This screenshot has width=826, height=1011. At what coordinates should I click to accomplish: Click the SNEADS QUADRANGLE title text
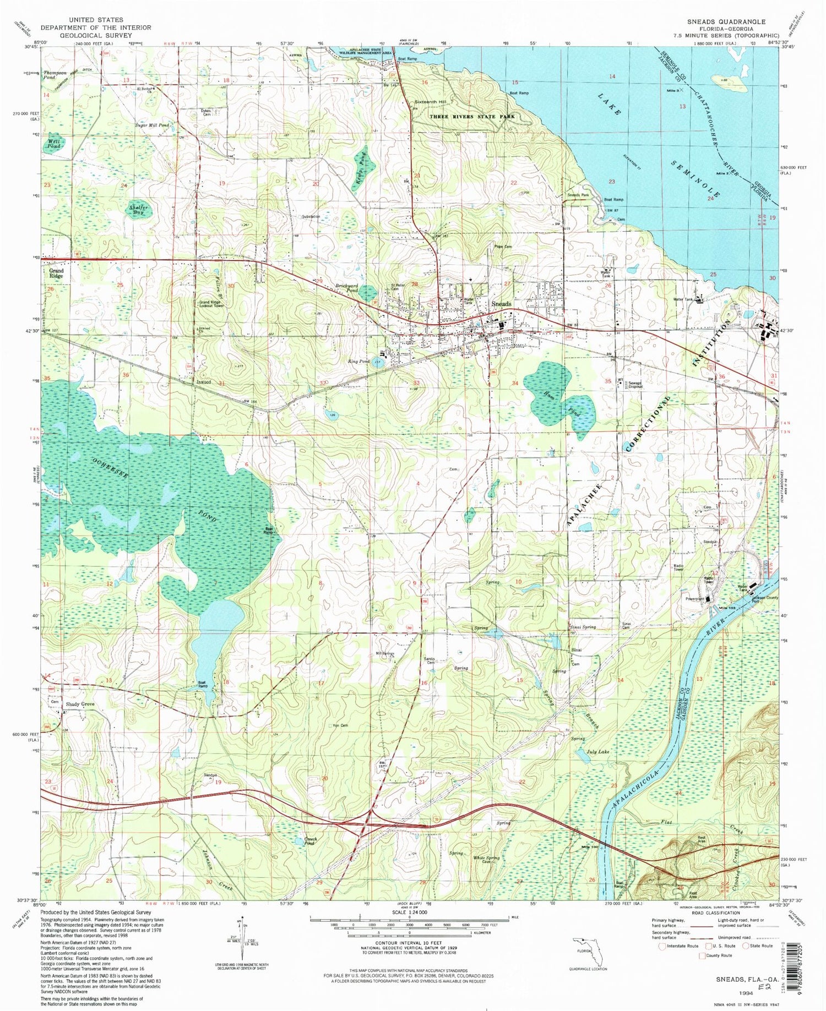(726, 21)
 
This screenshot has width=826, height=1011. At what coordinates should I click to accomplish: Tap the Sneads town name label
(501, 304)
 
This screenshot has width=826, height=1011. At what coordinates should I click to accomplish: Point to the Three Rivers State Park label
(472, 117)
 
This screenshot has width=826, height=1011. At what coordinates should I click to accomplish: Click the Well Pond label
(54, 144)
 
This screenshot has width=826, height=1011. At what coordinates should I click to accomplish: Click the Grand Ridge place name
(56, 274)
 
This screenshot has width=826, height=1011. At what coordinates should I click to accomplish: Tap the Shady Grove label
(80, 704)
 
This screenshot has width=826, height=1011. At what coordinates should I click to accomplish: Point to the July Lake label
(597, 751)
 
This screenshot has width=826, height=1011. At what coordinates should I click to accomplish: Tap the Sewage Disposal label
(635, 385)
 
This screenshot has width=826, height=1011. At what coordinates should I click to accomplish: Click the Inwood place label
(204, 382)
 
